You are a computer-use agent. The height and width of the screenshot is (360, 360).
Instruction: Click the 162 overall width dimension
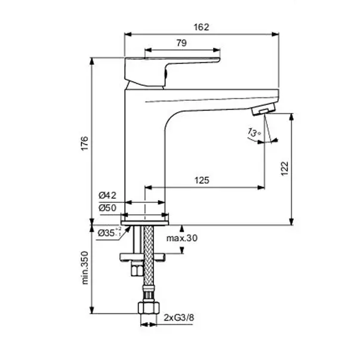[x=201, y=27]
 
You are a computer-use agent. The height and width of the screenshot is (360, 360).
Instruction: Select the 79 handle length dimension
[x=181, y=43]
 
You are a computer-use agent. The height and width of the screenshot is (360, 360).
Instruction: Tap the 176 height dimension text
[x=85, y=143]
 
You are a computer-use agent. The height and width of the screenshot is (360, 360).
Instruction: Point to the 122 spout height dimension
[x=285, y=168]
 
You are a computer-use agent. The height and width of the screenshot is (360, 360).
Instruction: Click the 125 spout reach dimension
[x=202, y=180]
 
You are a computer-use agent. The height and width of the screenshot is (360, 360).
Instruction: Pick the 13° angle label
[x=254, y=133]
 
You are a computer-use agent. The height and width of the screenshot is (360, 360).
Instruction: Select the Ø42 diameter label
[x=107, y=195]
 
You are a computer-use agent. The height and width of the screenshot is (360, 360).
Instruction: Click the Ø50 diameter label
[x=107, y=208]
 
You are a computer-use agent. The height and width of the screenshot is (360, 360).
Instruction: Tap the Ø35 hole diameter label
[x=110, y=232]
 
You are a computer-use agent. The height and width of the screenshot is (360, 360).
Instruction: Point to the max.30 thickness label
[x=182, y=238]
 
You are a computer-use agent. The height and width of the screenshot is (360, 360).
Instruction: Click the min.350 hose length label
[x=85, y=268]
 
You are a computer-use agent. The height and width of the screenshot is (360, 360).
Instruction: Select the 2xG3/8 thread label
[x=179, y=318]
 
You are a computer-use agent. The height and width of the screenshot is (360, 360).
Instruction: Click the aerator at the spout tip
[x=263, y=109]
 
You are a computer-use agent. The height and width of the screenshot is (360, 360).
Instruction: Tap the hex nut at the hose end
[x=149, y=308]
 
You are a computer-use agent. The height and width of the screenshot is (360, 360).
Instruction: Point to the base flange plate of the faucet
[x=145, y=223]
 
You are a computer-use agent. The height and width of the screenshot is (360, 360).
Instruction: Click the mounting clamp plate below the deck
[x=143, y=257]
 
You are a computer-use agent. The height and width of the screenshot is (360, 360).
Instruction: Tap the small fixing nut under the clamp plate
[x=137, y=269]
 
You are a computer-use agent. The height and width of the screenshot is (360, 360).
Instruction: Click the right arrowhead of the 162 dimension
[x=275, y=35]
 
